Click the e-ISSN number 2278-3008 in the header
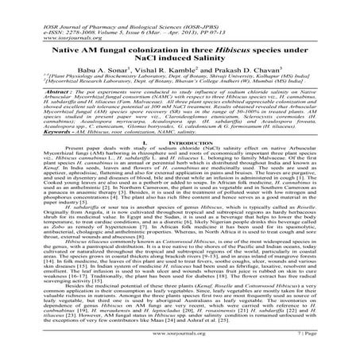tap(50, 12)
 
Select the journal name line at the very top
tap(79, 6)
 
